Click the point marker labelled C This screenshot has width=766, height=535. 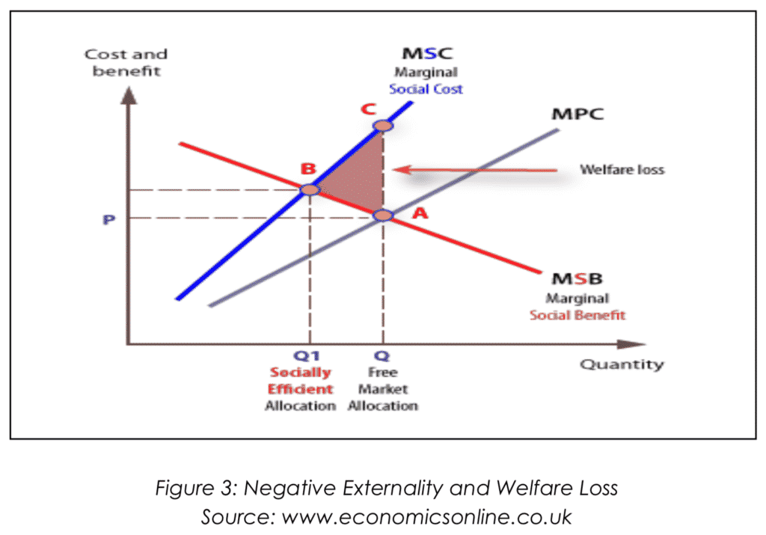coord(382,125)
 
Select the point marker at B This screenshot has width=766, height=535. coord(309,189)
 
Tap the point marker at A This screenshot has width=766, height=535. coord(382,215)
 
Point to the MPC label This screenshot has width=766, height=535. coord(577,115)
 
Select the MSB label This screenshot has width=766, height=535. coord(577,279)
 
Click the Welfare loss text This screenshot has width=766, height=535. coord(622,170)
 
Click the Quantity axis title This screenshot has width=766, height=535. coord(621,365)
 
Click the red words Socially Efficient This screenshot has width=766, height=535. coord(301,380)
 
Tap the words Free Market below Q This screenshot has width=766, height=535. coord(382,380)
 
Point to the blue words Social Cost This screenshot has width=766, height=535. coord(426,89)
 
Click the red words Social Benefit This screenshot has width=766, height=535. coord(577,315)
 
